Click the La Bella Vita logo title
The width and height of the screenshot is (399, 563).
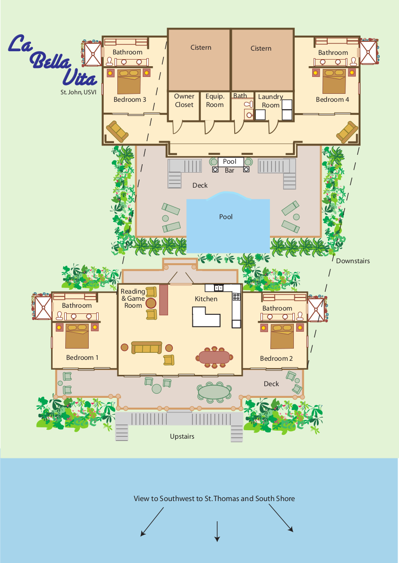[53, 61]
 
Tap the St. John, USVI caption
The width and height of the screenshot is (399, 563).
[78, 92]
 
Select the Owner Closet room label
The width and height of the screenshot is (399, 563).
[184, 100]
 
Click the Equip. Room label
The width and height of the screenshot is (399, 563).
[215, 100]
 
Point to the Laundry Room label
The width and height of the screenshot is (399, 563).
[270, 101]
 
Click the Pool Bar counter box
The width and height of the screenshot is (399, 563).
[230, 161]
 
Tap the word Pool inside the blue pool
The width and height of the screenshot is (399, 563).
[226, 217]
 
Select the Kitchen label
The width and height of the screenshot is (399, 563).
[206, 299]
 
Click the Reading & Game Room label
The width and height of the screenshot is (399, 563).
[133, 298]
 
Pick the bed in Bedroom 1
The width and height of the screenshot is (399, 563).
[77, 336]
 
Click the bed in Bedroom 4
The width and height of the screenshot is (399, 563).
[334, 82]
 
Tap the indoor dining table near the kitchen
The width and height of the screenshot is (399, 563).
[214, 357]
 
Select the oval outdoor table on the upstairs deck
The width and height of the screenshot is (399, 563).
[214, 392]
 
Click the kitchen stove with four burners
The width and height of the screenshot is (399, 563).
[236, 297]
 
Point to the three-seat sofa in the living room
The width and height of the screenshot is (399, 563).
[146, 347]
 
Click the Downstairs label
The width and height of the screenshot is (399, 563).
[353, 261]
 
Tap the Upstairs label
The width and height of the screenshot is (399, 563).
[182, 436]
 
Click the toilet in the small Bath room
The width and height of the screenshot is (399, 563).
[248, 104]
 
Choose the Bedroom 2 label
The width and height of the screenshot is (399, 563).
[276, 358]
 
